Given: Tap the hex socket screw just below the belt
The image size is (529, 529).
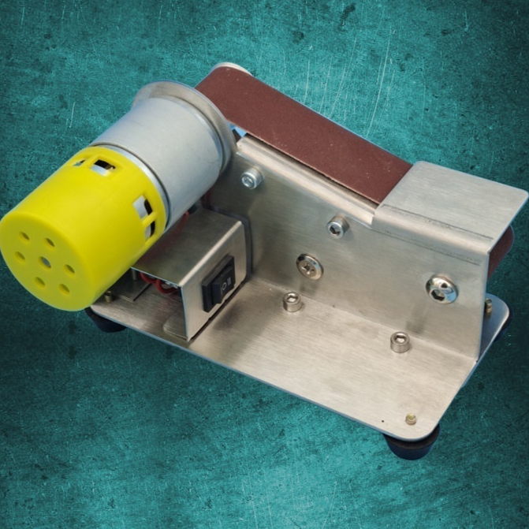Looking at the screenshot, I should tap(337, 228).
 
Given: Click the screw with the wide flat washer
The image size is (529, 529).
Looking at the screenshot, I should tap(309, 266).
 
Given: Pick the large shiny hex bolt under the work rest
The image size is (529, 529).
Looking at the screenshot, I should tap(441, 289).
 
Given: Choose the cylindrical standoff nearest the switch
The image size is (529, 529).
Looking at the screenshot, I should tap(292, 302).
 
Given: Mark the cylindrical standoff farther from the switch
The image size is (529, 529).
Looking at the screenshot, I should tap(400, 341).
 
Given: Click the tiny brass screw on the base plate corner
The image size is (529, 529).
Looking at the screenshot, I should tap(410, 420).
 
